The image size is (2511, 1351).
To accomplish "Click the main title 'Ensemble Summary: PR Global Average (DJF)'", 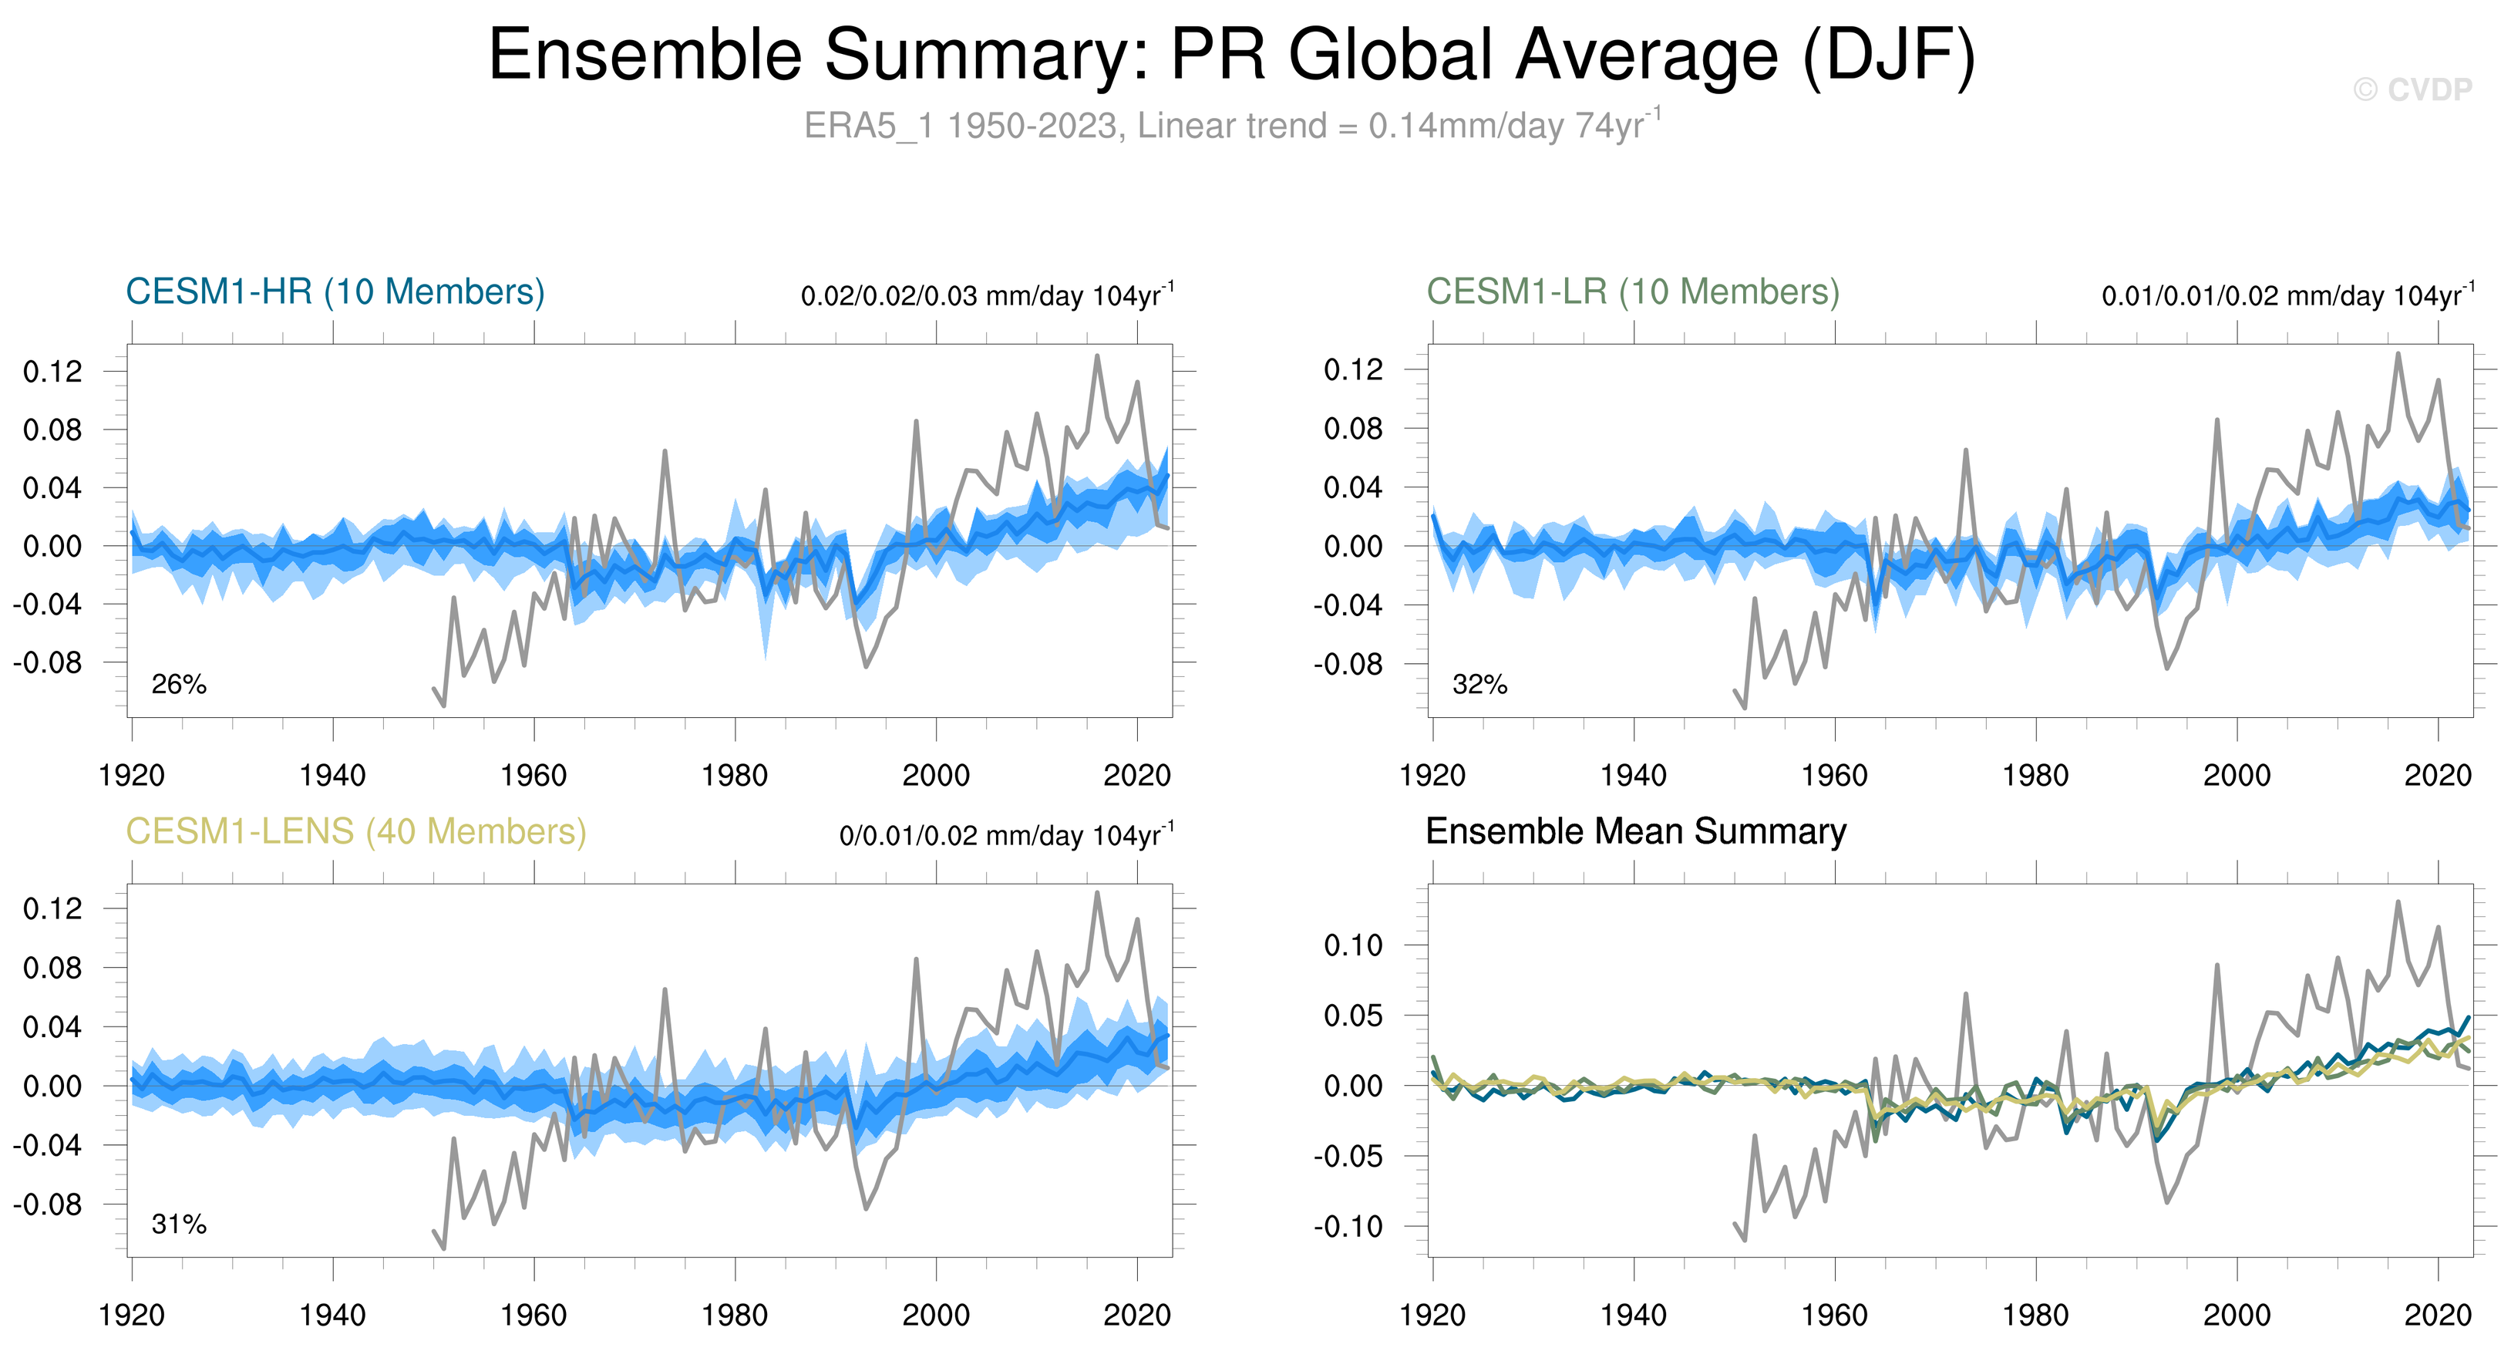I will (x=1231, y=55).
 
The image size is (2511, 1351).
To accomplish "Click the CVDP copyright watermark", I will (x=2412, y=89).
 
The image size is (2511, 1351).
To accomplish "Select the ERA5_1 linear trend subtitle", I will (x=1231, y=126).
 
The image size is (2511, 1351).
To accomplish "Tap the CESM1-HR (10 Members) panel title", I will (x=335, y=291).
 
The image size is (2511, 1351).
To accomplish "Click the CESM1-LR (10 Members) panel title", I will (x=1633, y=291).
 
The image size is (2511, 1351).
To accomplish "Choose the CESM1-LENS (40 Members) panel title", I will (x=355, y=831).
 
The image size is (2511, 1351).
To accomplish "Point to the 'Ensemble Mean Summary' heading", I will (x=1636, y=831).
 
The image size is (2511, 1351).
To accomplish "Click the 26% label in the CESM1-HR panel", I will (x=178, y=684).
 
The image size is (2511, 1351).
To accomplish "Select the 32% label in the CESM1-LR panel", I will (x=1479, y=684).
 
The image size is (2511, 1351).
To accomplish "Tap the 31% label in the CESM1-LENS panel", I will (x=178, y=1225).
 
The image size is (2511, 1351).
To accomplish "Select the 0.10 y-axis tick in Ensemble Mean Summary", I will (x=1353, y=945).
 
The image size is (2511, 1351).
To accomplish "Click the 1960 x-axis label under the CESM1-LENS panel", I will (x=534, y=1315).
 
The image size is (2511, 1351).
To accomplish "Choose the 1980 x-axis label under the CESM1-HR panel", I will (x=734, y=775).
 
